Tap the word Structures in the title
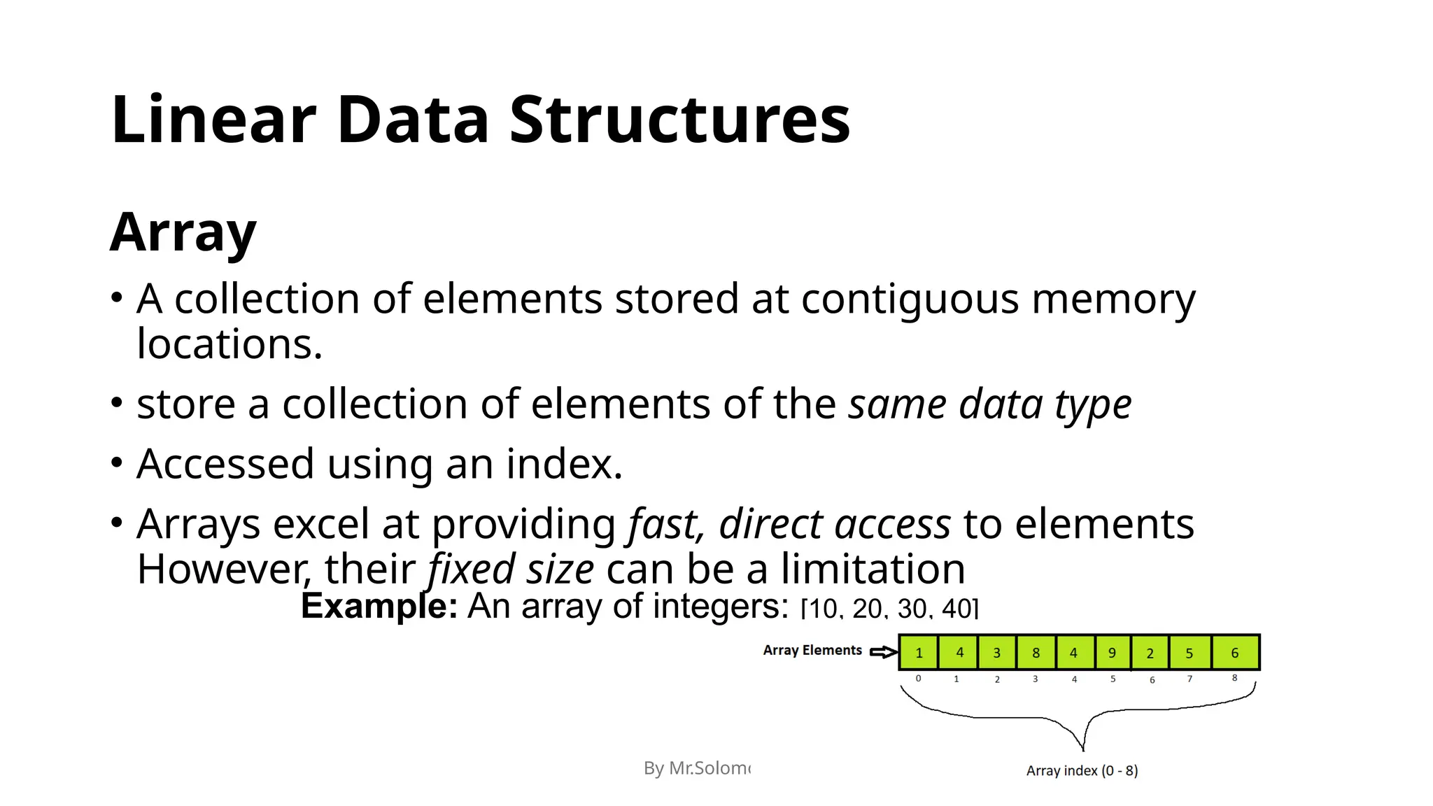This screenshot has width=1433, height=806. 679,120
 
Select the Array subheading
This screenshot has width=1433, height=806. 183,232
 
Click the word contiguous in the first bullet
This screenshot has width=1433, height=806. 910,299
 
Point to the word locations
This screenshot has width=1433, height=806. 230,344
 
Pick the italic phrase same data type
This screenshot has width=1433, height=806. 989,404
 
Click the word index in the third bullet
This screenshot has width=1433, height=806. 563,464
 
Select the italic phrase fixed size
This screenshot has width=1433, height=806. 511,569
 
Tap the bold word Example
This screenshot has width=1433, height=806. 379,606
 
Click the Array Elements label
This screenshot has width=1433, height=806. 812,651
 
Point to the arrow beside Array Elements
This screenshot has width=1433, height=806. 884,652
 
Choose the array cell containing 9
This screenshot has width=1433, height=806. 1112,653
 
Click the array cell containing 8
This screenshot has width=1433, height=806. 1036,653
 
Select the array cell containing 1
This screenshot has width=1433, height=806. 919,653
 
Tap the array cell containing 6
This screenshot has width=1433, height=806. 1235,653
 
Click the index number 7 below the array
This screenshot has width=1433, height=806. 1190,679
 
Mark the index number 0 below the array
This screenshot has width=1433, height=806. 918,679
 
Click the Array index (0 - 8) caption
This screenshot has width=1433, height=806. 1082,771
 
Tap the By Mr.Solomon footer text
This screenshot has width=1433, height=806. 697,768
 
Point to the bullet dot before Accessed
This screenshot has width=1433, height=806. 117,462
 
